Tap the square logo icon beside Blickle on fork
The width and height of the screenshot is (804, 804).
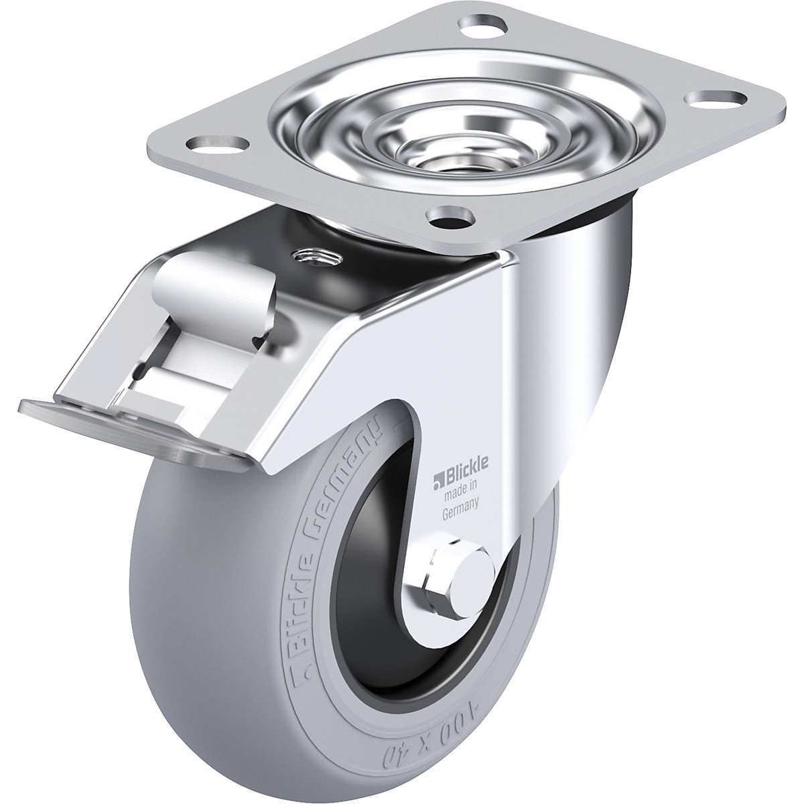point(436,478)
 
